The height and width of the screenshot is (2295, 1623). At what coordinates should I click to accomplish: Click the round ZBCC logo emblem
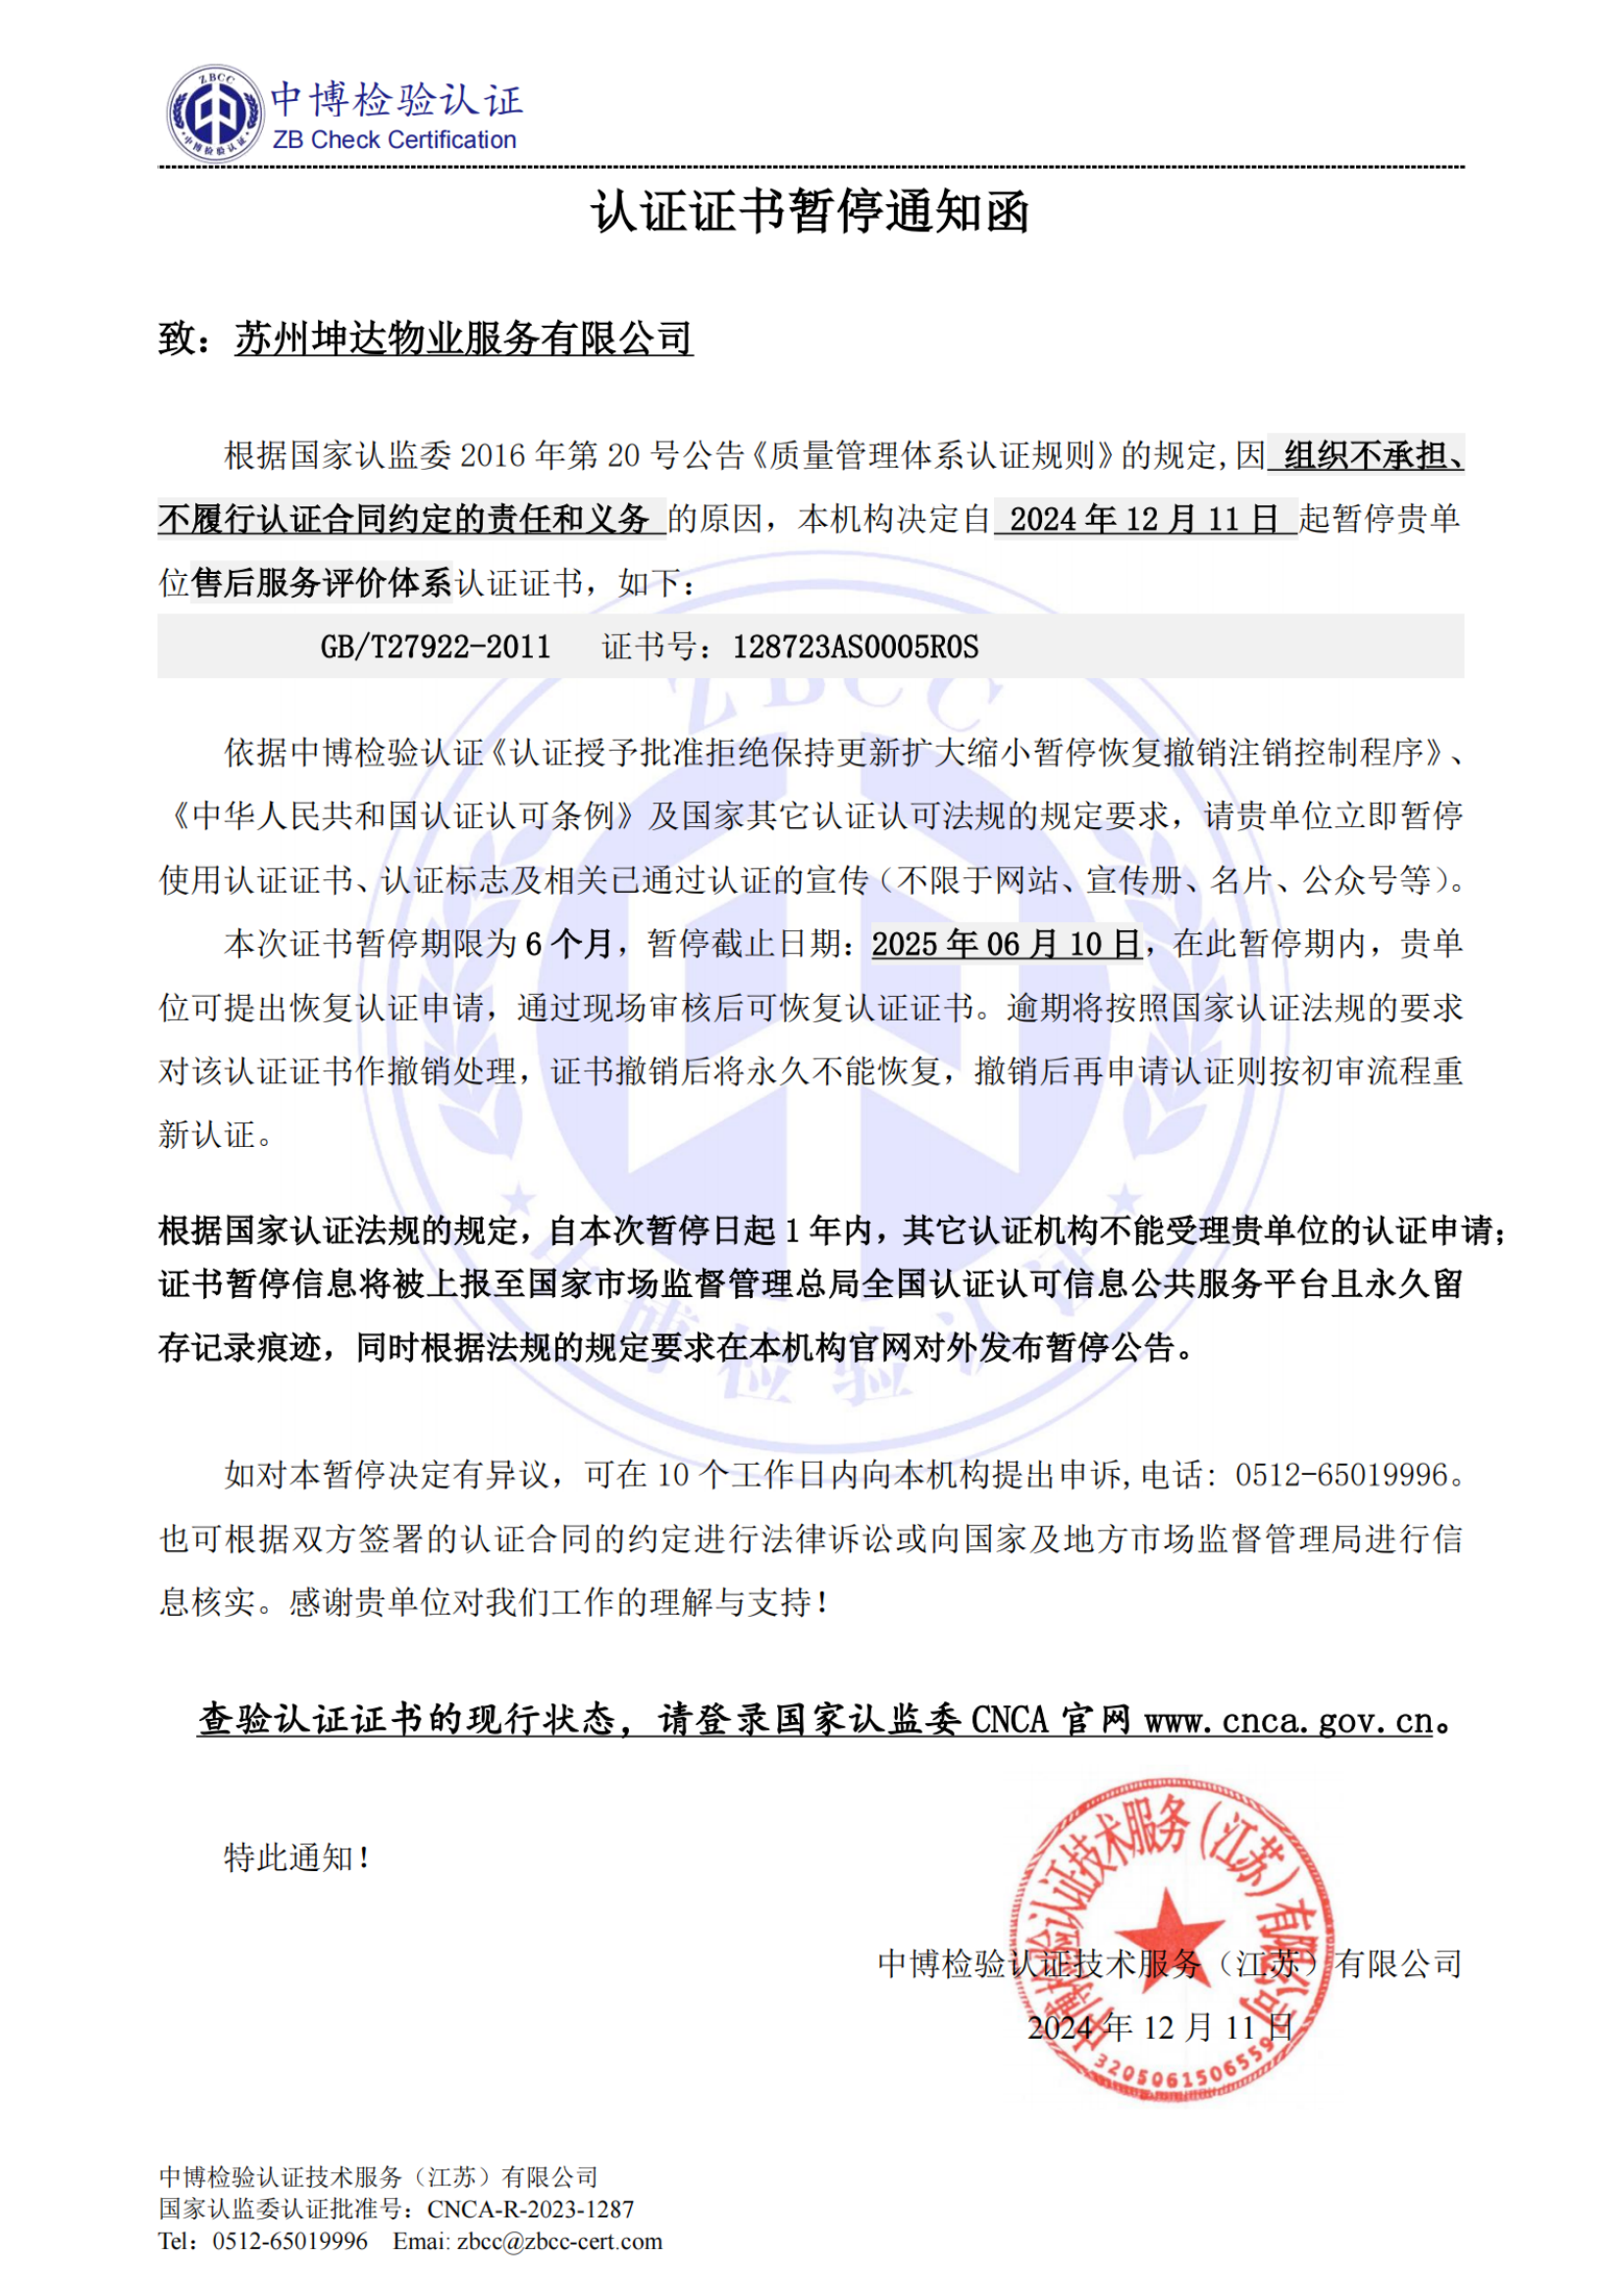[x=215, y=113]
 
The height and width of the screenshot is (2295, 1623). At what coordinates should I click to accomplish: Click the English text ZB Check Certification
[x=393, y=140]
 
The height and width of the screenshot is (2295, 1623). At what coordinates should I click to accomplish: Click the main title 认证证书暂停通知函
[x=811, y=212]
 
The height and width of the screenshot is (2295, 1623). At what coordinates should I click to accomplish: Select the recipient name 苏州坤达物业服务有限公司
[x=464, y=339]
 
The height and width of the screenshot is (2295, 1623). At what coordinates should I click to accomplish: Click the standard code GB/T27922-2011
[x=436, y=647]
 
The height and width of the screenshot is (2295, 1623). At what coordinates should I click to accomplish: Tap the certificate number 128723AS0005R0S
[x=856, y=647]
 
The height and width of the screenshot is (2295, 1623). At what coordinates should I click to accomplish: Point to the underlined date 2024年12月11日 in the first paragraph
[x=1144, y=519]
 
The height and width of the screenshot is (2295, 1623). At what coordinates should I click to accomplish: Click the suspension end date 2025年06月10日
[x=1007, y=944]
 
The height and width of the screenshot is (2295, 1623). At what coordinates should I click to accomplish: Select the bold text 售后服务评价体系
[x=322, y=583]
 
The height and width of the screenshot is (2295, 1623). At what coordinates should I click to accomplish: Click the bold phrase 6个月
[x=567, y=944]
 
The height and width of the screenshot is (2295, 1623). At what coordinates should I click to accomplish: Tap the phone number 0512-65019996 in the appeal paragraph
[x=1341, y=1475]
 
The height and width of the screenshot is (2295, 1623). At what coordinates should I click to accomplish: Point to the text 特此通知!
[x=298, y=1858]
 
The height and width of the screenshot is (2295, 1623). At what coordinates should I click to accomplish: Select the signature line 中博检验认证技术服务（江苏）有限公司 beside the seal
[x=1170, y=1964]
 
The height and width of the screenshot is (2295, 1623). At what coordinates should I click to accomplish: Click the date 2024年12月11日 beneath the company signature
[x=1160, y=2027]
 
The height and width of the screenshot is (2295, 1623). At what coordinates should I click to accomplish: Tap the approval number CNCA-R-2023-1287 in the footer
[x=531, y=2208]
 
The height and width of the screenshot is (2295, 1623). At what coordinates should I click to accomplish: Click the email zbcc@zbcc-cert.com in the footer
[x=559, y=2240]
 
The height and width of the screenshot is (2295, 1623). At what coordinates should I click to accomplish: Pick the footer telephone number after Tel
[x=289, y=2240]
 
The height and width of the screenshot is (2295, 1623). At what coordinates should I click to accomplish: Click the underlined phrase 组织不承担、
[x=1373, y=456]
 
